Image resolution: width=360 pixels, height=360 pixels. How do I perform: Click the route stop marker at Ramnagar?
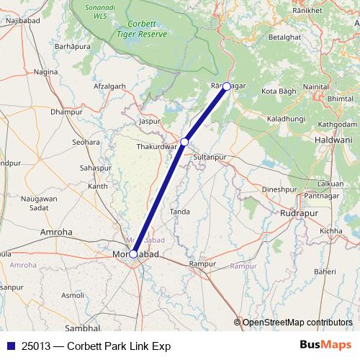(x=227, y=86)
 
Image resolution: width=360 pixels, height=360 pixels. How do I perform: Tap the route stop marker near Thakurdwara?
(x=185, y=142)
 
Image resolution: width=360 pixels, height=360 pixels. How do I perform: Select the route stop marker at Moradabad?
(x=133, y=253)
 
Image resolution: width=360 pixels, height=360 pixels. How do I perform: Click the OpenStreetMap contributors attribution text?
(x=297, y=322)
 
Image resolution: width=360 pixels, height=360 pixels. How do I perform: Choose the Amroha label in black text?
(x=56, y=233)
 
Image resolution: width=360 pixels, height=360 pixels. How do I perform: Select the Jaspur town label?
(x=149, y=122)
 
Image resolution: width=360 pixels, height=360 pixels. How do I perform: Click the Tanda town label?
(x=179, y=212)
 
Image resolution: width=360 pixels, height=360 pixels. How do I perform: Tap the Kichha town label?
(x=332, y=230)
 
